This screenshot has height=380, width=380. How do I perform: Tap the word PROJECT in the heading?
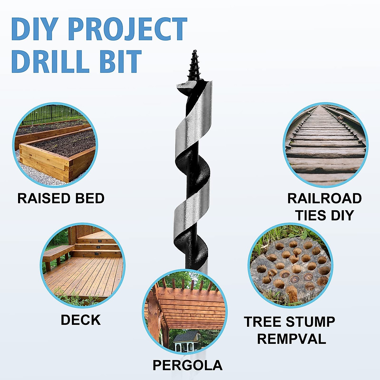(127, 29)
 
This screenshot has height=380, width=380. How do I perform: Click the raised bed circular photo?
(55, 144)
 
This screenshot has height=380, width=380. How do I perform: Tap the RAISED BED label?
(61, 199)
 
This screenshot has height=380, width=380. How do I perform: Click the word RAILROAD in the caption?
(324, 199)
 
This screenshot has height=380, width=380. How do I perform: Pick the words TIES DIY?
(324, 216)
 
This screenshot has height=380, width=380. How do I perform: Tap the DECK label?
(80, 320)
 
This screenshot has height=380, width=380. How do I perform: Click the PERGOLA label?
(187, 365)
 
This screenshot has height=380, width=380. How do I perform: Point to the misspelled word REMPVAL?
(291, 339)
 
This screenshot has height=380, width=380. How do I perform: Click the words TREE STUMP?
(289, 322)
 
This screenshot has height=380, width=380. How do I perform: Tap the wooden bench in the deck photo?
(57, 253)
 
